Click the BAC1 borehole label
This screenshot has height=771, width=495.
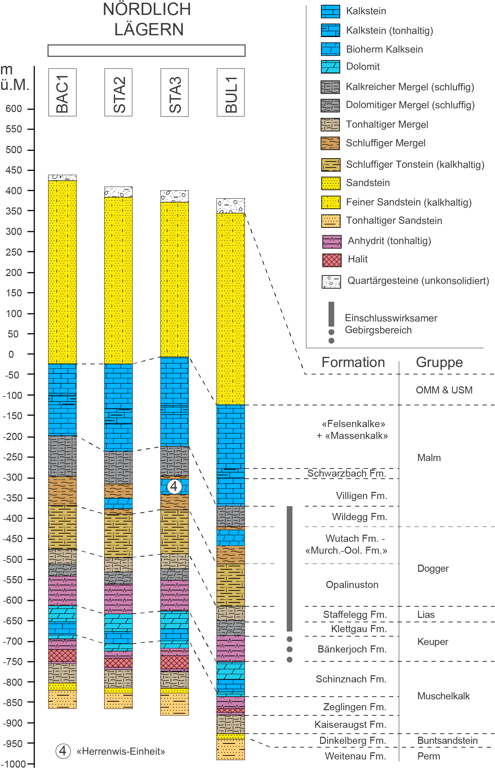coord(62,92)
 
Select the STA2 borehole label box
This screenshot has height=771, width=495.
coord(118,92)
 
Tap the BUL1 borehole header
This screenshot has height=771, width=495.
coord(231,92)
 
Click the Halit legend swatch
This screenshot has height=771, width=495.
coord(332,260)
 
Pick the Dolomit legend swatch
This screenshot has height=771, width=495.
coord(330,67)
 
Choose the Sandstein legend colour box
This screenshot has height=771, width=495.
coord(331,183)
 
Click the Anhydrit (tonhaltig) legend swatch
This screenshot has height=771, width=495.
coord(332,241)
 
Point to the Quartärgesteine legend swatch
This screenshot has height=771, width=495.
coord(331,281)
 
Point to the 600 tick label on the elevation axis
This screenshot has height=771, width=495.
coord(14,109)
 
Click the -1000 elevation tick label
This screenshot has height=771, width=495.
coord(14,764)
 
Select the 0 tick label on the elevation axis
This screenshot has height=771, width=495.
coord(11,354)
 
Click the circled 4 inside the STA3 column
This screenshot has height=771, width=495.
coord(174,487)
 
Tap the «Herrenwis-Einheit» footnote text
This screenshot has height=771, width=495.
coord(121,751)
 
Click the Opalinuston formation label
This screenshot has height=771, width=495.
coord(352,585)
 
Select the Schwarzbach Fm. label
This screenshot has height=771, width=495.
coord(347,473)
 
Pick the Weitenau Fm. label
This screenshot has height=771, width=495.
coord(355,756)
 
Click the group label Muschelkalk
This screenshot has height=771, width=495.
coord(443,696)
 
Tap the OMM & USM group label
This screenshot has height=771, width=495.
coord(444,390)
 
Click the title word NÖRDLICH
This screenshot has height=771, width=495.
coord(147,10)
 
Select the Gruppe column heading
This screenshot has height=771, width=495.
coord(439,363)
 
